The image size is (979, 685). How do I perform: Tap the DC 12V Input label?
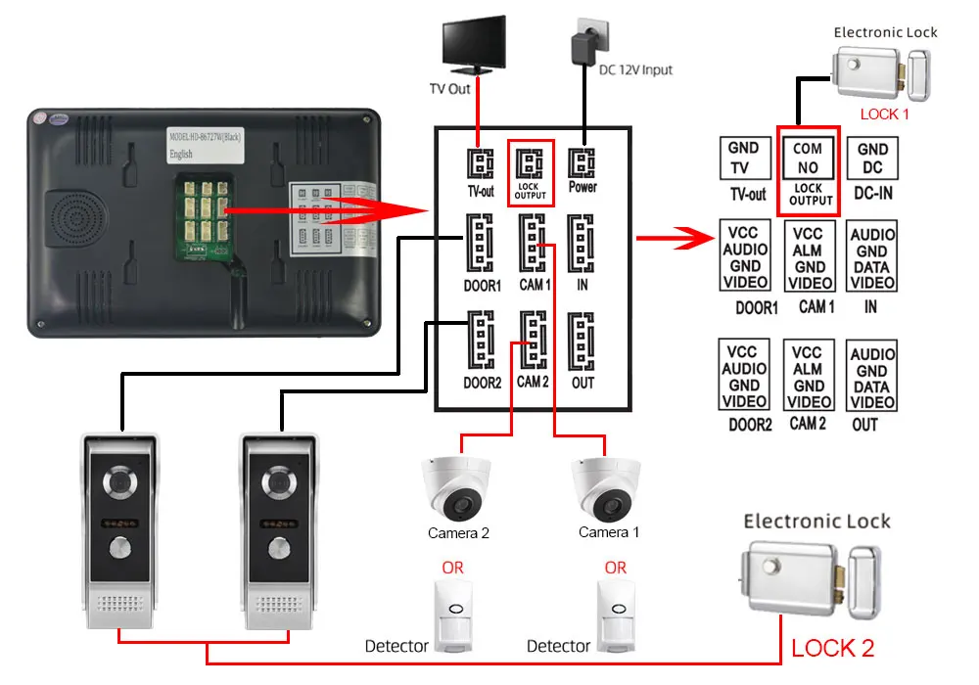tap(635, 70)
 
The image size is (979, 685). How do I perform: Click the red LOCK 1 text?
tap(885, 114)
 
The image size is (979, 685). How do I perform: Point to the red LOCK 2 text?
tap(832, 647)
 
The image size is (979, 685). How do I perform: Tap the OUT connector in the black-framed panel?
tap(583, 342)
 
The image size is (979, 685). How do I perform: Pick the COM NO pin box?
tap(808, 158)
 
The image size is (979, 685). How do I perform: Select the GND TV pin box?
tap(743, 159)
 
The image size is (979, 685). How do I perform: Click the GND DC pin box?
tap(872, 159)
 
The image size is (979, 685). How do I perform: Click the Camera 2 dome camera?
tap(457, 491)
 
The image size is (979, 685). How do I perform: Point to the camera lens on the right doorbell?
tap(281, 484)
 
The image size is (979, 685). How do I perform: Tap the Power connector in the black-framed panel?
tap(583, 161)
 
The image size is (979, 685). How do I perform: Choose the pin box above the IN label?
tap(872, 257)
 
